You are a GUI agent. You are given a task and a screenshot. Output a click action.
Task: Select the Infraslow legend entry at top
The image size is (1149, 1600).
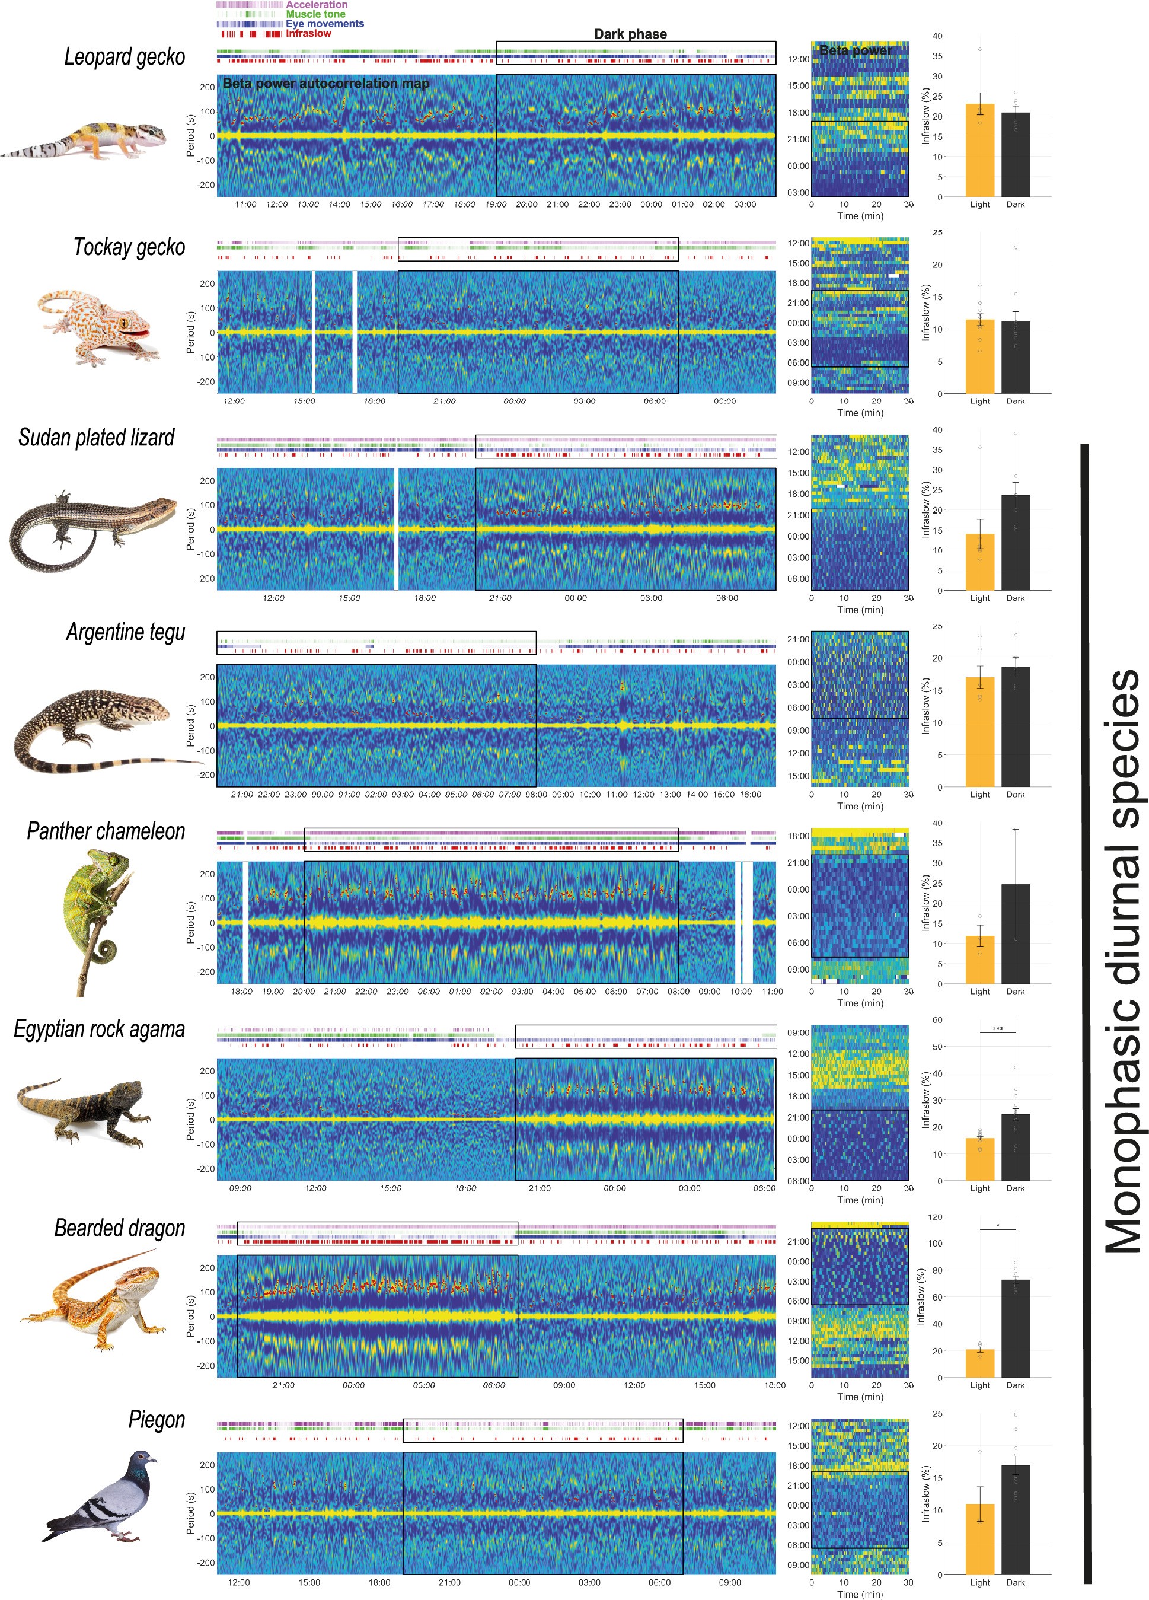coord(308,33)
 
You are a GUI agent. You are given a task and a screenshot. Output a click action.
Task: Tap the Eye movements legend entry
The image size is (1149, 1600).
coord(324,23)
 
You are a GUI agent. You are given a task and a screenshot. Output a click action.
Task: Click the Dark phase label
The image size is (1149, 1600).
coord(630,34)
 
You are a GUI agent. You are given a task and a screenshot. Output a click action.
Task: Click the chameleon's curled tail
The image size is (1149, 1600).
coord(106,949)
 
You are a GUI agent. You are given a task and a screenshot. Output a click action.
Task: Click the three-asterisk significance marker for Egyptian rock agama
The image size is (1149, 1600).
coord(997,1028)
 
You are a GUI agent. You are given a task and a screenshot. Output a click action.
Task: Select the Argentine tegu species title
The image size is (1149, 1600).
coord(126,632)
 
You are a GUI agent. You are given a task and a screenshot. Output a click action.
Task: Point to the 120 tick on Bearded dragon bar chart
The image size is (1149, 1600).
coord(936,1217)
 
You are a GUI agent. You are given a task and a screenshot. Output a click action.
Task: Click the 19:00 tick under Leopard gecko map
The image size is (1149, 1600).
coord(495,205)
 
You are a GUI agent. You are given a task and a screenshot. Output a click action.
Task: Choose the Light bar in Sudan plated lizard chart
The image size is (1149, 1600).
coord(979,562)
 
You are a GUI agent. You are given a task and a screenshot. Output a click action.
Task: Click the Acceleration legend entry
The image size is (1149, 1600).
coord(316,5)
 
